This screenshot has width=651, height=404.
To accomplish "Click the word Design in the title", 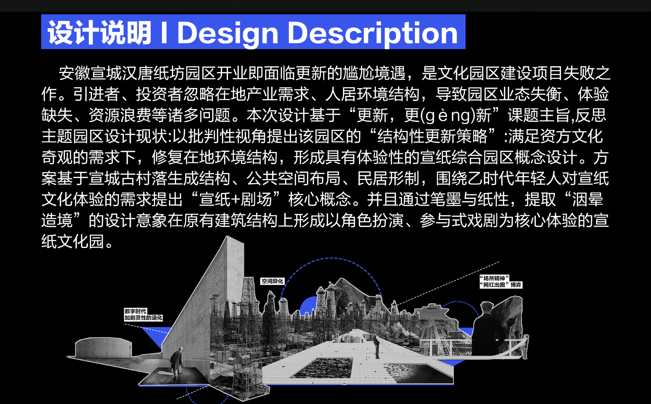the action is point(227,33).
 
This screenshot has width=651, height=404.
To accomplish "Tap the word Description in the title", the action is point(373,33).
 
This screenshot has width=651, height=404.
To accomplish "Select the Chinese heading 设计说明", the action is point(100,33).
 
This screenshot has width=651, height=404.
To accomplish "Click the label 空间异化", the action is point(272,281).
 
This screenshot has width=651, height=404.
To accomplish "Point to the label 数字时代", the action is point(135,311).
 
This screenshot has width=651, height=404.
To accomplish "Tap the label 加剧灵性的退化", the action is point(143,318).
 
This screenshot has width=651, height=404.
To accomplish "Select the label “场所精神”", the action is point(494,278).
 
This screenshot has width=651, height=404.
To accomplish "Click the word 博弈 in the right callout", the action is point(516,285).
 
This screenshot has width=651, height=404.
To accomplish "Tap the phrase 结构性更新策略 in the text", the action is point(432,137).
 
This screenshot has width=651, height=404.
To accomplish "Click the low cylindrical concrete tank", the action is point(103,348).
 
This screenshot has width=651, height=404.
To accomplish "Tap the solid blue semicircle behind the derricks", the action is point(308,306).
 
